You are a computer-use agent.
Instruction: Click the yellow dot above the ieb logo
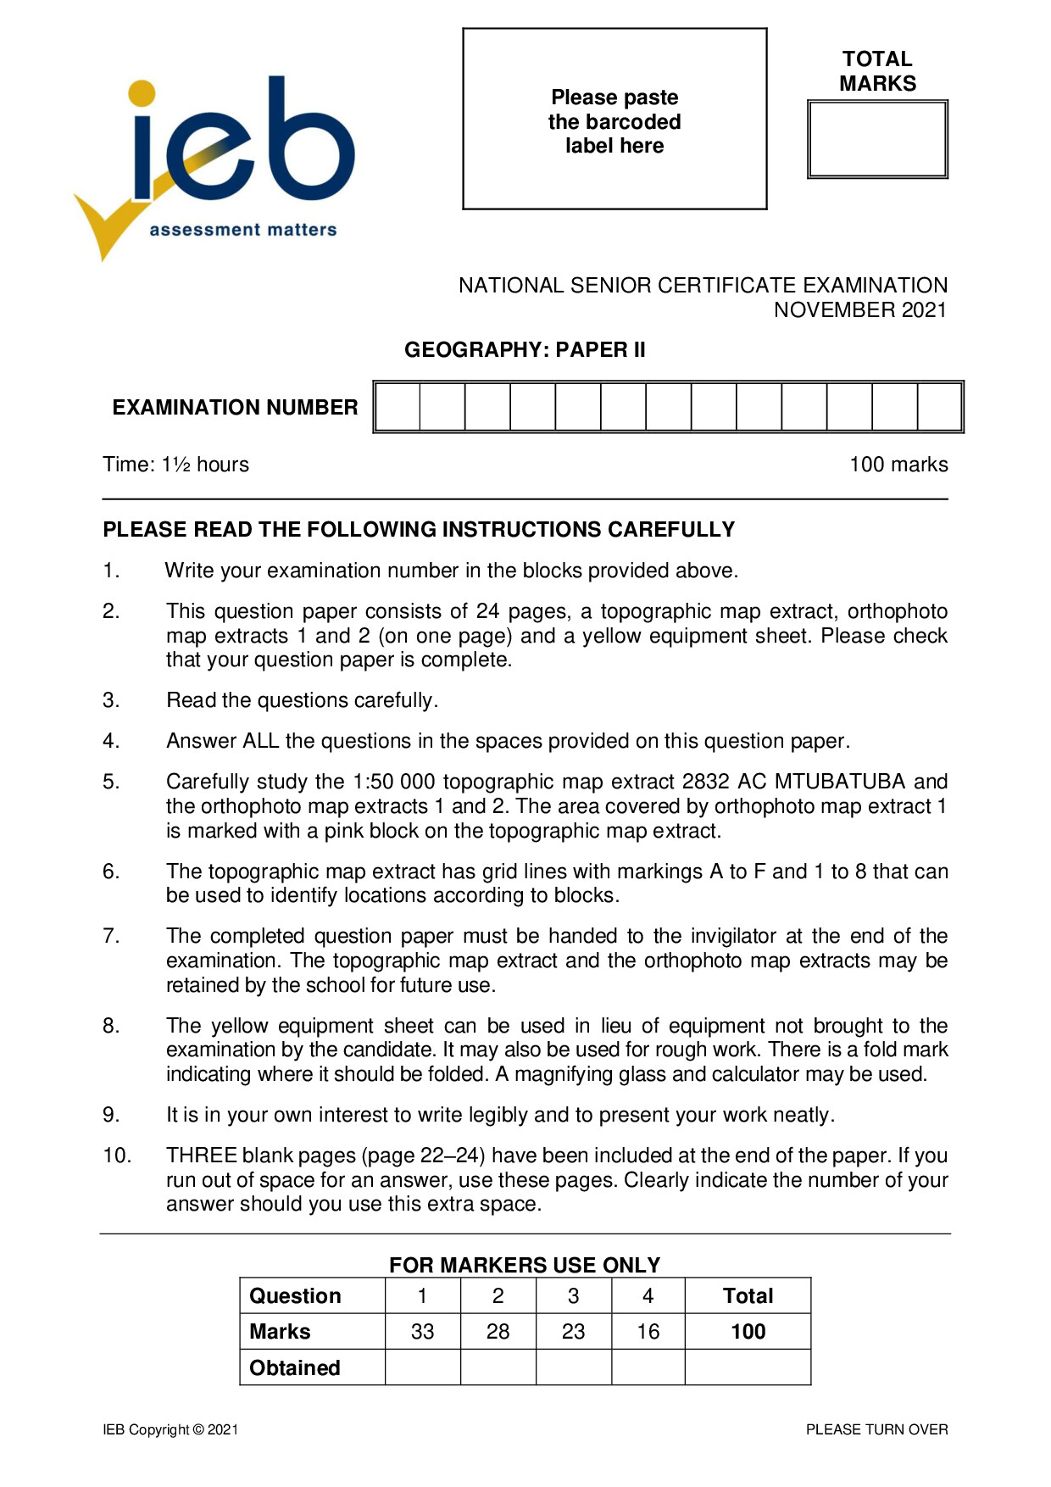(x=142, y=94)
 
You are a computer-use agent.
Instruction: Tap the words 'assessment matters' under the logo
(x=243, y=230)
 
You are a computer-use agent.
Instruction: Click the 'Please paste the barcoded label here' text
(x=614, y=121)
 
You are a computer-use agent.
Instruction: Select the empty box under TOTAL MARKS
(x=877, y=140)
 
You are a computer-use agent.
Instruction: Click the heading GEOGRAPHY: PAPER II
(x=525, y=350)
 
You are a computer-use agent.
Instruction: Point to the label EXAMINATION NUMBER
(x=235, y=408)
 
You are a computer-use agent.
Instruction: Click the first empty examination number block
(x=398, y=408)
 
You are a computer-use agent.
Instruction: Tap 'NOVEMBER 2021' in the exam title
(x=859, y=310)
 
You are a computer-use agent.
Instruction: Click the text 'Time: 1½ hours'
(x=176, y=465)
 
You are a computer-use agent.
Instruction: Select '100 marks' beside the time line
(x=898, y=465)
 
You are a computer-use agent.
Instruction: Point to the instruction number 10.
(x=117, y=1156)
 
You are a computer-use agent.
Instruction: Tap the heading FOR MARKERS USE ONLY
(x=525, y=1265)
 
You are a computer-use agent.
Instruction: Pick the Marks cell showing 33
(x=422, y=1332)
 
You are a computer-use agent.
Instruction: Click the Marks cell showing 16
(x=648, y=1332)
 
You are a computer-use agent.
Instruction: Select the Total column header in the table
(x=748, y=1296)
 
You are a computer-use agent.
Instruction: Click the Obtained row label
(x=295, y=1368)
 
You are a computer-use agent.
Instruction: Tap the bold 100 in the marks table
(x=748, y=1332)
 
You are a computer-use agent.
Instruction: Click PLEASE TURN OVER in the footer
(x=876, y=1429)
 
